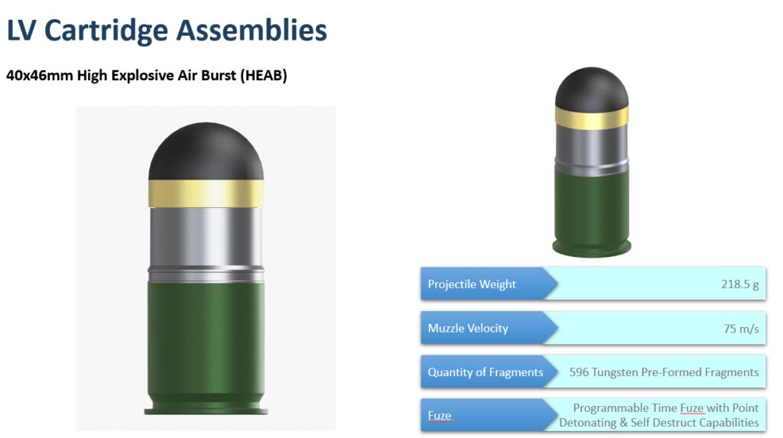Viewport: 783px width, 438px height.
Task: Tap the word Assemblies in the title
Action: tap(251, 30)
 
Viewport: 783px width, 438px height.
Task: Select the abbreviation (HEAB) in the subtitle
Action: tap(264, 76)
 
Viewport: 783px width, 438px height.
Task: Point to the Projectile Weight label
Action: tap(471, 284)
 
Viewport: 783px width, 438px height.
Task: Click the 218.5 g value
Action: tap(739, 284)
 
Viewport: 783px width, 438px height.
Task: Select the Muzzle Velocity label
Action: tap(468, 328)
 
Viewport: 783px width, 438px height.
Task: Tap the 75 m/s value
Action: tap(741, 328)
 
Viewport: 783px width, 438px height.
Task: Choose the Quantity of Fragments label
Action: tap(486, 372)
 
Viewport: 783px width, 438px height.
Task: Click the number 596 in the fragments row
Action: tap(579, 372)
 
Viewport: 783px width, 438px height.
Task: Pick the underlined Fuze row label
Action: tap(440, 416)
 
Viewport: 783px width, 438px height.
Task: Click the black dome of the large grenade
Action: tap(206, 151)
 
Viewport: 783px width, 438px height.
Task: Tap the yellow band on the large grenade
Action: tap(206, 193)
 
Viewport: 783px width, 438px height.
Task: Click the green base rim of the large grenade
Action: tap(206, 410)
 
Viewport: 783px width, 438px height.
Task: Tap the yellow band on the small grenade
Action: tap(592, 116)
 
